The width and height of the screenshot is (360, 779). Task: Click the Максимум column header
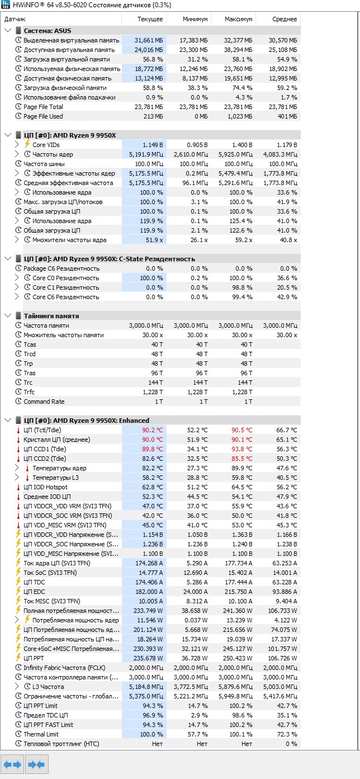point(238,19)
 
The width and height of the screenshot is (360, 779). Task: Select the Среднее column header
point(285,19)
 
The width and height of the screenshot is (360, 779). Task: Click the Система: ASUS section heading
point(48,31)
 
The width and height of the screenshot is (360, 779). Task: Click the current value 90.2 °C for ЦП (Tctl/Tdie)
point(152,430)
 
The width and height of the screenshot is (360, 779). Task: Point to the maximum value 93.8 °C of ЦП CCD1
point(242,449)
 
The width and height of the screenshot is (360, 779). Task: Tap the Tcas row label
point(30,344)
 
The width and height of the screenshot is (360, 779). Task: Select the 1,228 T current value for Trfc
point(153,392)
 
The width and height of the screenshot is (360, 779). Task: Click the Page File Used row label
point(43,116)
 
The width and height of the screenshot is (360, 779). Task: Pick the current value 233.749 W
point(148,611)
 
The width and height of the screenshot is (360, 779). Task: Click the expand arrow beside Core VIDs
point(17,145)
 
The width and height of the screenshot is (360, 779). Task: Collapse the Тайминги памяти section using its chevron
point(8,316)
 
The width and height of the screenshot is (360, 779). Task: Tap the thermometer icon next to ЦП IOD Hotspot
point(18,487)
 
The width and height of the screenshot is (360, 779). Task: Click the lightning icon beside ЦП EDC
point(18,591)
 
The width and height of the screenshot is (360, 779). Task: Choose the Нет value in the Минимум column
point(202,744)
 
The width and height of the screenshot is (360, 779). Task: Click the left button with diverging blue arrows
point(12,764)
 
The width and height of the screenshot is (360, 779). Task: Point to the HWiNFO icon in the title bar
point(6,5)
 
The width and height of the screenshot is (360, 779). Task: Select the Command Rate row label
point(44,402)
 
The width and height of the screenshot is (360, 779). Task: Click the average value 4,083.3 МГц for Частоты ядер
point(280,154)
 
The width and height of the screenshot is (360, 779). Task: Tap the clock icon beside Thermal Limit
point(18,734)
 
